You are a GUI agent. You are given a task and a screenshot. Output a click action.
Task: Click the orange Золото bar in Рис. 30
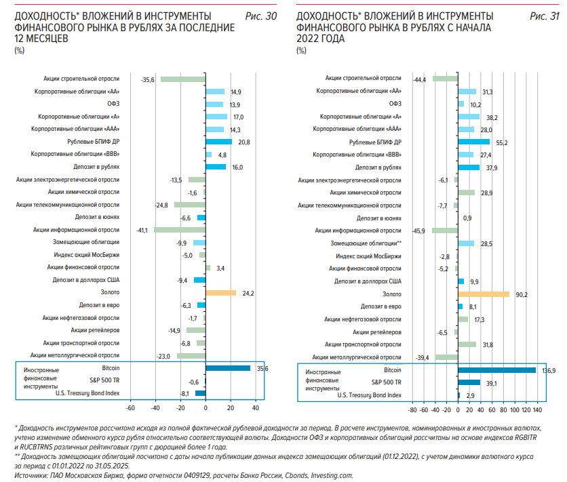point(221,293)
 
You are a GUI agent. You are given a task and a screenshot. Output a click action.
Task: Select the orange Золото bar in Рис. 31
point(484,294)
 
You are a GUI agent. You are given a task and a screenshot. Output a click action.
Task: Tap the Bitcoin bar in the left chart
point(228,368)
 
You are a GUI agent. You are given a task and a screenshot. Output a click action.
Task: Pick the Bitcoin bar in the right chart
point(497,370)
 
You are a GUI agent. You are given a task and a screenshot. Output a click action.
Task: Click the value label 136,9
point(549,371)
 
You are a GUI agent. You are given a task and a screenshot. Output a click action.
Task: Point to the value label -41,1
point(142,230)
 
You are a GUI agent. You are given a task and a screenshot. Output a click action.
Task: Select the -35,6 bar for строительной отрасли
point(183,79)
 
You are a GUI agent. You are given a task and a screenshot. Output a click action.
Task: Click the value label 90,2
point(522,295)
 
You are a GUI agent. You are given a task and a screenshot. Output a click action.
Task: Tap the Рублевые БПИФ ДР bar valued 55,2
point(473,142)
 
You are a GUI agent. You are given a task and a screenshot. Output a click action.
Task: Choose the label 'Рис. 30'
point(260,16)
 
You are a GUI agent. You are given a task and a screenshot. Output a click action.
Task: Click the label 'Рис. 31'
point(544,16)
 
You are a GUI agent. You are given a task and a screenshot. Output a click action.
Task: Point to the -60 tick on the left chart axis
point(130,408)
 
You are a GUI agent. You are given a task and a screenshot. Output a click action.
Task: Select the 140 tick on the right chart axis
point(537,409)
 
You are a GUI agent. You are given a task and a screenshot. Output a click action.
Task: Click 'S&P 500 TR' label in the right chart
point(386,382)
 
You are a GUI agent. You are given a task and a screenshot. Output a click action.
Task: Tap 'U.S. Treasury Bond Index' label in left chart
point(87,393)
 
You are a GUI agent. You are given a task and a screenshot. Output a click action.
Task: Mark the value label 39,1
point(492,383)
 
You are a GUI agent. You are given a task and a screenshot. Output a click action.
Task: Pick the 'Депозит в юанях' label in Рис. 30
point(97,217)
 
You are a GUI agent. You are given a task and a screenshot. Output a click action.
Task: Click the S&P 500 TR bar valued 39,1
point(469,382)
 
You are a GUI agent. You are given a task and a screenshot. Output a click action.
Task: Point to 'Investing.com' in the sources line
point(332,475)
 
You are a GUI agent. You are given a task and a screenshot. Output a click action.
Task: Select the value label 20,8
point(244,142)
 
